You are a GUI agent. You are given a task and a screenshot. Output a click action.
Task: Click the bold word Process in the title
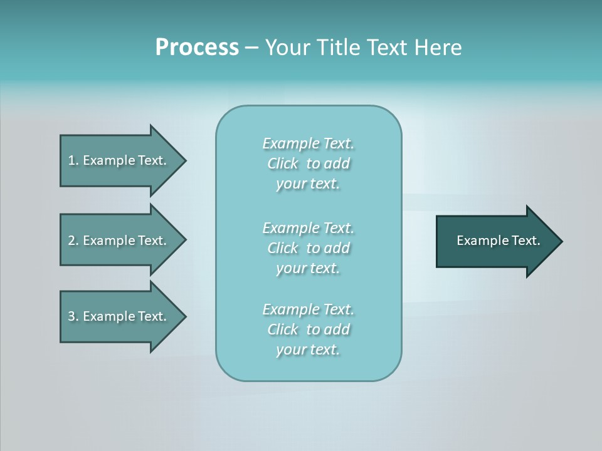click(197, 48)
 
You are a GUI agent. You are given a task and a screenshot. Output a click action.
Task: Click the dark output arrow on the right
click(495, 241)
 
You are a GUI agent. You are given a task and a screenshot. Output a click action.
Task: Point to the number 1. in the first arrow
click(73, 160)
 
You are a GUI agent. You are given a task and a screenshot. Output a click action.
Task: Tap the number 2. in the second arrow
click(73, 241)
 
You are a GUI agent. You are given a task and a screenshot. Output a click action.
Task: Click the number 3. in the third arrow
click(73, 316)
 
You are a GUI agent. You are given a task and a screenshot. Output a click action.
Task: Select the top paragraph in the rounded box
click(308, 163)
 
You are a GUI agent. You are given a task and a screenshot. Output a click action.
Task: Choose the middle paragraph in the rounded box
click(308, 248)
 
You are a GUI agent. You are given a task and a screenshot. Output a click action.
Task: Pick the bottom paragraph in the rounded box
click(308, 329)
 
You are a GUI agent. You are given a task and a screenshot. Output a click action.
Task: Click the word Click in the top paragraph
click(283, 163)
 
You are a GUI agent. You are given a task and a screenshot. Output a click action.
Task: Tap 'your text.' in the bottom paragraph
click(308, 350)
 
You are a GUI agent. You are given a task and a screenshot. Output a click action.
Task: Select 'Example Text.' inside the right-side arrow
click(498, 241)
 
